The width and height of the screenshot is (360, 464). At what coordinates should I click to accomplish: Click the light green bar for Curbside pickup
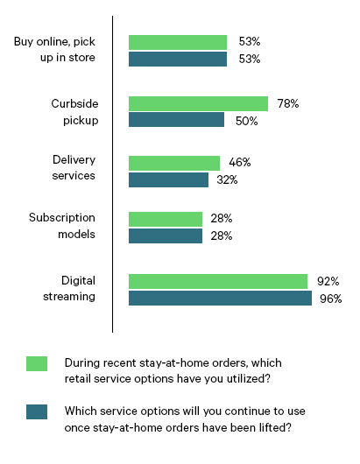[x=198, y=103]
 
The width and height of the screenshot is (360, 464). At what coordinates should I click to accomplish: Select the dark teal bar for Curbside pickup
[x=176, y=120]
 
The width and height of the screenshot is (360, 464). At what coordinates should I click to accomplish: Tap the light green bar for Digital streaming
[x=218, y=281]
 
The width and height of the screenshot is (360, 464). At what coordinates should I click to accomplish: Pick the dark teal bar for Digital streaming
[x=220, y=298]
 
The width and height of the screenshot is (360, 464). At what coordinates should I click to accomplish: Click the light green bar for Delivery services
[x=174, y=163]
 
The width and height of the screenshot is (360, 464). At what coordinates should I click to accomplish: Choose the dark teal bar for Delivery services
[x=168, y=179]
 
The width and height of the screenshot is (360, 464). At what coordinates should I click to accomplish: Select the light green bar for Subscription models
[x=166, y=219]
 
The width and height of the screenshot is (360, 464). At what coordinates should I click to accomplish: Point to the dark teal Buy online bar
[x=178, y=59]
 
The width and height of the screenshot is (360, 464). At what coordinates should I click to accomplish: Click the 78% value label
[x=287, y=103]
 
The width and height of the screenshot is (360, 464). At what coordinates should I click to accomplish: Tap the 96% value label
[x=330, y=299]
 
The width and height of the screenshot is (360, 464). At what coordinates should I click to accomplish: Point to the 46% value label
[x=239, y=163]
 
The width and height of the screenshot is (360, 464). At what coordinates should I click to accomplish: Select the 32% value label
[x=228, y=179]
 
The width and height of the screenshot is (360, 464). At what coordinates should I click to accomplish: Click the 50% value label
[x=245, y=121]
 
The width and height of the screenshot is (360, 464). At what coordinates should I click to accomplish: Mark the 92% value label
[x=328, y=281]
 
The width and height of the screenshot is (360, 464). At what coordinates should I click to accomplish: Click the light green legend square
[x=37, y=364]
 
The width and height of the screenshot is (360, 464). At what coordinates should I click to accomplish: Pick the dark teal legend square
[x=37, y=412]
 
